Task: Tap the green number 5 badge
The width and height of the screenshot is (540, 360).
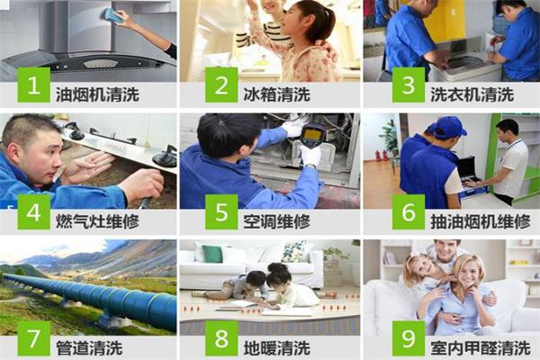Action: pyautogui.click(x=220, y=213)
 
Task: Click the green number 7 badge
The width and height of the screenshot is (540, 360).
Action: pyautogui.click(x=34, y=339)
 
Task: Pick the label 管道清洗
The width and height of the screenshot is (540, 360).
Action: pyautogui.click(x=88, y=346)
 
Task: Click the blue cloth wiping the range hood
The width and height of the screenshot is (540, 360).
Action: pyautogui.click(x=112, y=14)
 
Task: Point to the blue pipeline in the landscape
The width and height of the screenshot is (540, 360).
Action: pyautogui.click(x=99, y=299)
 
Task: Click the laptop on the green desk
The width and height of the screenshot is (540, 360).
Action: pyautogui.click(x=468, y=168)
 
